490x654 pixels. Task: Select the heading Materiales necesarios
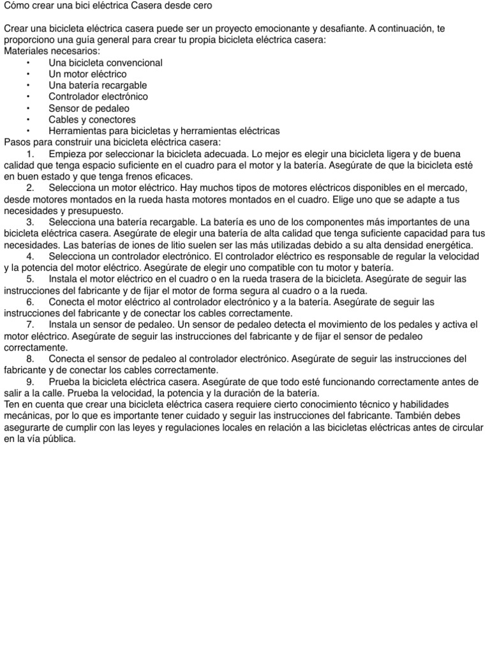pos(52,51)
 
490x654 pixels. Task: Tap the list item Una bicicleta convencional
pos(105,63)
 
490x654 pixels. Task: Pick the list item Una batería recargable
pos(98,86)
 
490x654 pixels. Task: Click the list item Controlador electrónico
pos(98,96)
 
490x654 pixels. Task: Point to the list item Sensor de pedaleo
pos(89,108)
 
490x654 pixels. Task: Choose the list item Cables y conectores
pos(92,119)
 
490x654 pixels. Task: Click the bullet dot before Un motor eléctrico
pos(29,74)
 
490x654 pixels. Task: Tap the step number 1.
pos(30,154)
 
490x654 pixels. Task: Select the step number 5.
pos(30,279)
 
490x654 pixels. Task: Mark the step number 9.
pos(30,382)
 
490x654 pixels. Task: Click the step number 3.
pos(30,222)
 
